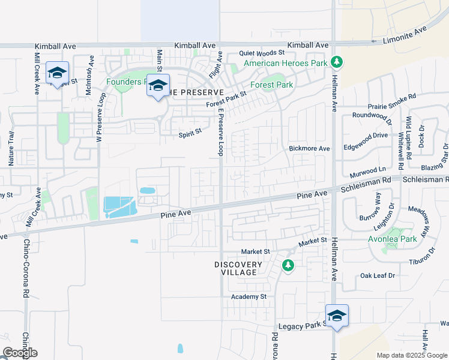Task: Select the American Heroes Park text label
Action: tap(285, 63)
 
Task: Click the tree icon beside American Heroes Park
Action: tap(337, 61)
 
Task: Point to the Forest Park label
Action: tap(271, 85)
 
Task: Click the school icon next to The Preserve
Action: tap(158, 86)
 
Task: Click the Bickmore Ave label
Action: tap(309, 148)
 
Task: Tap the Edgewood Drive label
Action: tap(365, 136)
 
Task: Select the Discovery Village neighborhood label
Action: tap(238, 268)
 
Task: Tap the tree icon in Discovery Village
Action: tap(288, 265)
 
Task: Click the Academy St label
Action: tap(249, 296)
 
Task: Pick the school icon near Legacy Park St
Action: tap(337, 316)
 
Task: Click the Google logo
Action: tap(20, 353)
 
